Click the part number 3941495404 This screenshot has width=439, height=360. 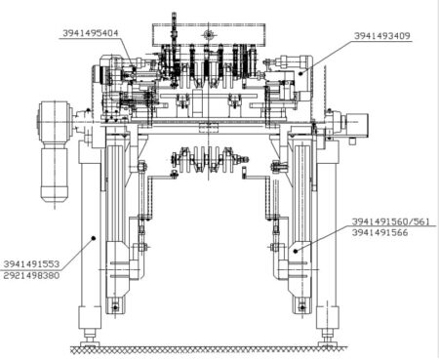pyautogui.click(x=91, y=33)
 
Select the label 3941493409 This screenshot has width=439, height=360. pyautogui.click(x=382, y=36)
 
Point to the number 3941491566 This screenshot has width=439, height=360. pyautogui.click(x=379, y=232)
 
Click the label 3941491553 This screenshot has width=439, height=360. pyautogui.click(x=31, y=263)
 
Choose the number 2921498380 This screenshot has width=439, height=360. pyautogui.click(x=31, y=275)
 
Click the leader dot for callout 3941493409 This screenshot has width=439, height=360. pyautogui.click(x=300, y=73)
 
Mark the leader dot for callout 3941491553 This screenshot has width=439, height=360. pyautogui.click(x=94, y=238)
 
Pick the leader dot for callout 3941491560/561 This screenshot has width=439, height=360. pyautogui.click(x=296, y=251)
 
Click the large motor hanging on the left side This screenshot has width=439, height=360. pyautogui.click(x=55, y=151)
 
